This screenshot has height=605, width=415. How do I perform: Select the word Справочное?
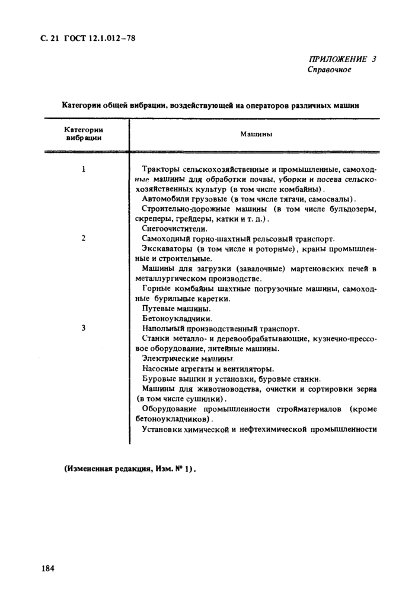tap(329, 70)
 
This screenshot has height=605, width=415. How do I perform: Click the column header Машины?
tap(256, 135)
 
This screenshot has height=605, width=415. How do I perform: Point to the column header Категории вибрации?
tap(84, 134)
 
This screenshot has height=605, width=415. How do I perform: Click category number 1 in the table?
tap(84, 169)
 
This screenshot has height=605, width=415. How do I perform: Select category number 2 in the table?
tap(84, 238)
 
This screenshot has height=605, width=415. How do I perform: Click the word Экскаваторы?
tap(168, 249)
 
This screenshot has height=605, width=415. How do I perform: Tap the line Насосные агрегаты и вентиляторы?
tap(207, 369)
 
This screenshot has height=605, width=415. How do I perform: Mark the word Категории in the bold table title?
tap(83, 106)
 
